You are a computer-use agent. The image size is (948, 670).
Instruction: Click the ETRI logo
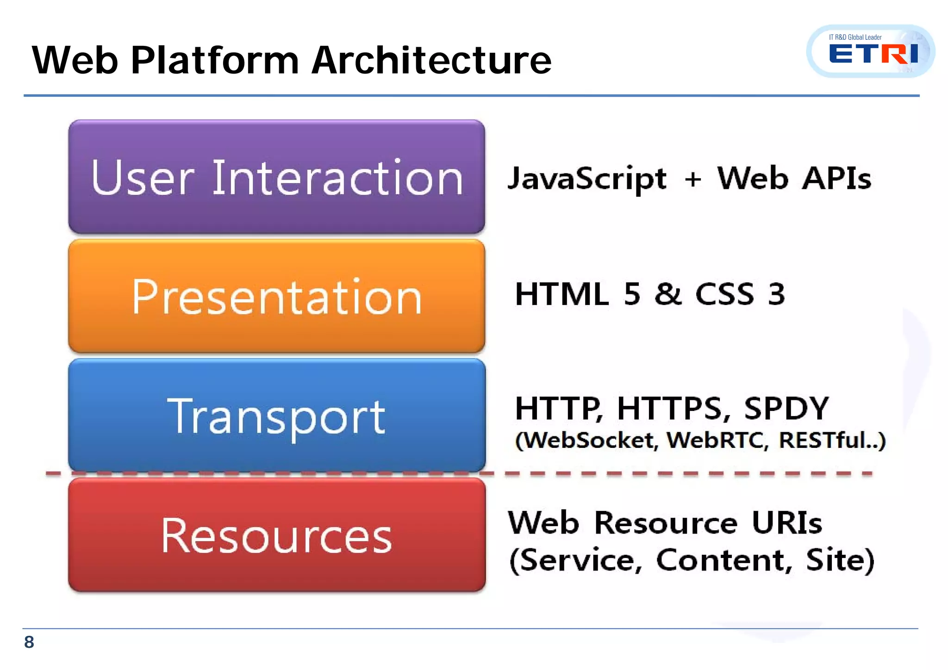871,51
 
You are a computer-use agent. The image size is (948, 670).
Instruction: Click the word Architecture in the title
431,60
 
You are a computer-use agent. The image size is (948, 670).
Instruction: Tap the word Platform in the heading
215,60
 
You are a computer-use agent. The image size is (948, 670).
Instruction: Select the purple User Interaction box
276,177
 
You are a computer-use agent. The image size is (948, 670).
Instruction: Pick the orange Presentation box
276,296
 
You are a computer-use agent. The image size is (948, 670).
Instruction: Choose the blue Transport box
276,416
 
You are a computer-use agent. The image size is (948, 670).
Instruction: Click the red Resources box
276,535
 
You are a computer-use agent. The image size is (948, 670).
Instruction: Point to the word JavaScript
587,179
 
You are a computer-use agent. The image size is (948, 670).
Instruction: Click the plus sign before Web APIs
693,180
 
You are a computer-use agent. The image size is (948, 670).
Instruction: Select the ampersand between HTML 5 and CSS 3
668,294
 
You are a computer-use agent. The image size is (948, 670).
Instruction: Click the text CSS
724,294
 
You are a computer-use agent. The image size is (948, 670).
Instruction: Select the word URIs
786,523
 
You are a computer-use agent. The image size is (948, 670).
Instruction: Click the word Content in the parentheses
724,560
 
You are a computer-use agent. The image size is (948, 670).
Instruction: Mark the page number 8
29,642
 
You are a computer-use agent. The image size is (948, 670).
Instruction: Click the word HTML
561,294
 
